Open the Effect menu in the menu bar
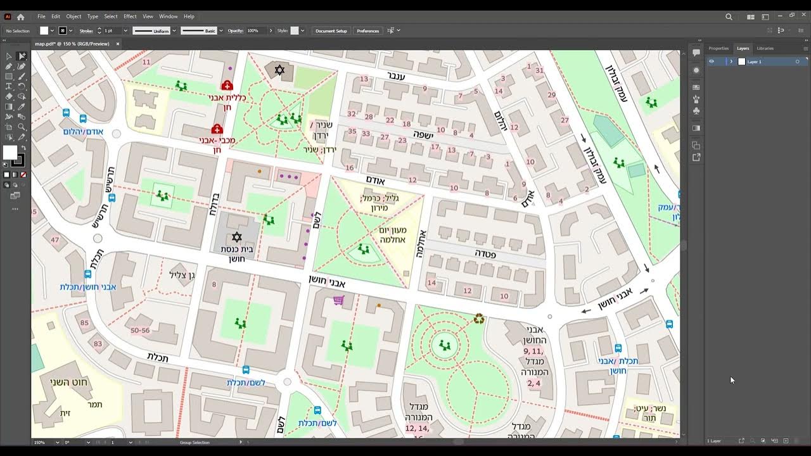[130, 16]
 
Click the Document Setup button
[331, 30]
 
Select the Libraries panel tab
[765, 48]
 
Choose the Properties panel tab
[718, 48]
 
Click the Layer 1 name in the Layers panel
[755, 61]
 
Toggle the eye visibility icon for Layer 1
[712, 61]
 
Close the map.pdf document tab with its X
[118, 44]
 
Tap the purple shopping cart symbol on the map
[338, 300]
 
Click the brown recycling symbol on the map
[479, 319]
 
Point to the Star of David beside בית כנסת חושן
[237, 237]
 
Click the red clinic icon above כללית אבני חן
[227, 85]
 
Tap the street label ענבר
[396, 76]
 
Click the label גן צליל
[182, 274]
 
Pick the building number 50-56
[140, 331]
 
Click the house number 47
[55, 240]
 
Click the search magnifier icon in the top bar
[729, 17]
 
